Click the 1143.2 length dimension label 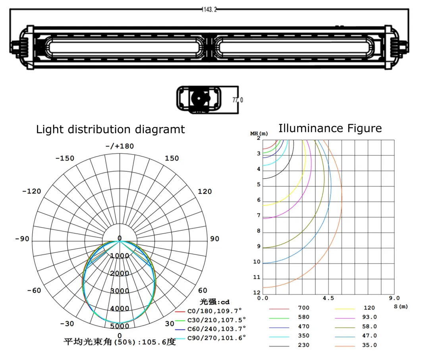pyautogui.click(x=210, y=9)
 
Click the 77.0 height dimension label pyautogui.click(x=238, y=100)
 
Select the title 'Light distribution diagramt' pyautogui.click(x=110, y=130)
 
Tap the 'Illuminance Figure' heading pyautogui.click(x=330, y=128)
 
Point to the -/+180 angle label pyautogui.click(x=120, y=146)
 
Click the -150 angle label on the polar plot pyautogui.click(x=64, y=158)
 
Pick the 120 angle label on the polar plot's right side pyautogui.click(x=205, y=192)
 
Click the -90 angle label pyautogui.click(x=22, y=239)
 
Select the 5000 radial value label pyautogui.click(x=120, y=326)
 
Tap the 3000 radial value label pyautogui.click(x=120, y=291)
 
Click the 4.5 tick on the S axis pyautogui.click(x=328, y=298)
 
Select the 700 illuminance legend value pyautogui.click(x=303, y=308)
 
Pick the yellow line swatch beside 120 pyautogui.click(x=344, y=308)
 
